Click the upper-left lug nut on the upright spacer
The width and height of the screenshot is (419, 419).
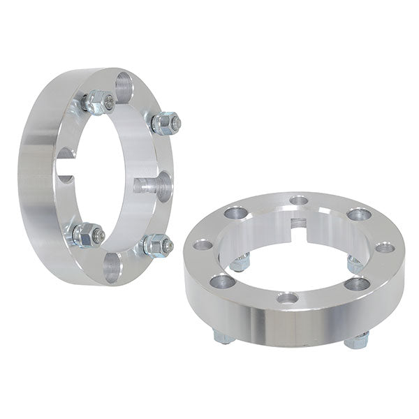[98, 103]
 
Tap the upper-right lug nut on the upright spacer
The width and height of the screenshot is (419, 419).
[165, 124]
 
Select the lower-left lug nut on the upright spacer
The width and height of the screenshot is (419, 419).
[87, 234]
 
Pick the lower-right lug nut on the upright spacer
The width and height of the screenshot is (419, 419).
[156, 245]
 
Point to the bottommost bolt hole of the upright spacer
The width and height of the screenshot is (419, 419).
[112, 268]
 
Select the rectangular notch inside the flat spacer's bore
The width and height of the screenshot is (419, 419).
[298, 223]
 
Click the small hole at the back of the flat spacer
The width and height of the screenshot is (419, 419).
[298, 200]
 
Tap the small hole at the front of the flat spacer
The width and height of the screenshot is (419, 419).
[287, 298]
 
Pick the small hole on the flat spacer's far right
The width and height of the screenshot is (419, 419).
[384, 247]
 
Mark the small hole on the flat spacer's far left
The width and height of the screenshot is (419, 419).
[203, 245]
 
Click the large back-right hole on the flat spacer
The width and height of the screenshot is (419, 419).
[359, 214]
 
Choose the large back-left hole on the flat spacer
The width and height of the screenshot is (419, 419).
[236, 212]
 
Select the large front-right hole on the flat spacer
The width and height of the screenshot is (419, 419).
[357, 283]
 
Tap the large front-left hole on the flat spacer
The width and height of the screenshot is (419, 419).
[223, 281]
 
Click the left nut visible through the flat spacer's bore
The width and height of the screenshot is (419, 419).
[240, 263]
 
